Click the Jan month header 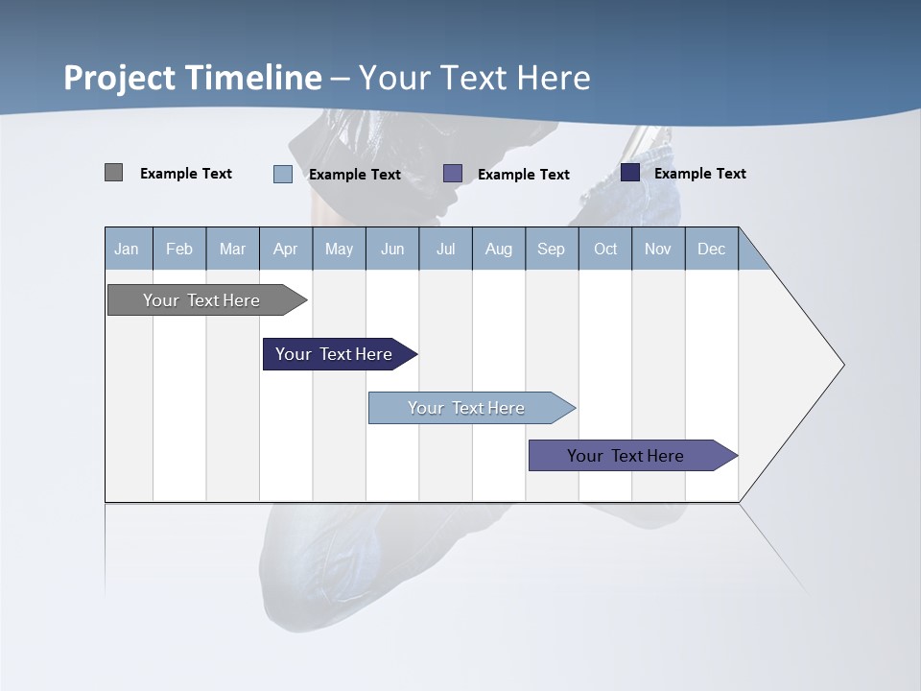coord(127,249)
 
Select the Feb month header coord(179,249)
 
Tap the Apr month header coord(285,249)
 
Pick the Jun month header coord(392,249)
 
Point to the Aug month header coord(498,249)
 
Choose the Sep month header coord(551,249)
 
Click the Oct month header coord(605,249)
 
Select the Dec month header coord(711,249)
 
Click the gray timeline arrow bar coord(202,300)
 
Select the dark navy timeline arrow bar coord(335,354)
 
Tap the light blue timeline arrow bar coord(467,408)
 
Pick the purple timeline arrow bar coord(626,456)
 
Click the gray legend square coord(113,173)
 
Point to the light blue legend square coord(283,174)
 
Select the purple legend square coord(453,173)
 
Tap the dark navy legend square coord(630,173)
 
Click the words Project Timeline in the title coord(192,78)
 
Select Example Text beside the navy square coord(699,174)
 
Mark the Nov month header coord(658,249)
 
